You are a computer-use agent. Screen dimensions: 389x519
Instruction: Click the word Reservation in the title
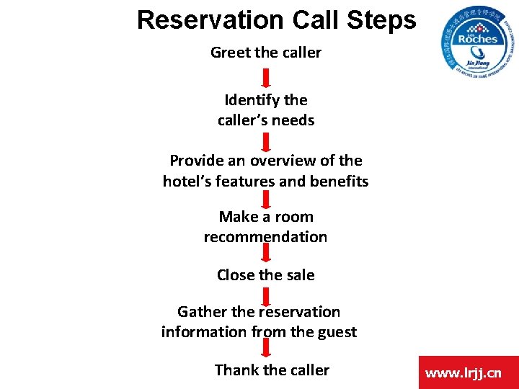click(x=210, y=19)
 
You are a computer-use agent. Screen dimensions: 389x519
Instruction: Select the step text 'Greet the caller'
click(x=265, y=53)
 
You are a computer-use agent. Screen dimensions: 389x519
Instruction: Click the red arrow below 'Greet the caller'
click(x=265, y=78)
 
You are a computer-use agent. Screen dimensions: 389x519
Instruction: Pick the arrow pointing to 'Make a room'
click(x=265, y=199)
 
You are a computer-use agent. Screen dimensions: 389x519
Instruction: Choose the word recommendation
click(x=265, y=237)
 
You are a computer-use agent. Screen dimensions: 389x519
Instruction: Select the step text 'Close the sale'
click(x=265, y=275)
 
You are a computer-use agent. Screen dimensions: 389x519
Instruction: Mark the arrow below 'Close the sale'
click(x=265, y=296)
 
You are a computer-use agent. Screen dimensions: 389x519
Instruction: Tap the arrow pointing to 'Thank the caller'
click(x=265, y=349)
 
